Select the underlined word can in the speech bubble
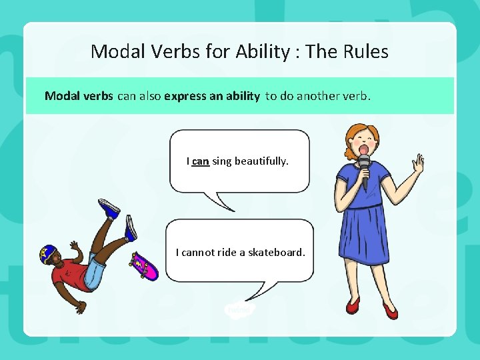(x=200, y=161)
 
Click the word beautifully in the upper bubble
(x=261, y=161)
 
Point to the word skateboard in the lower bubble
(x=277, y=252)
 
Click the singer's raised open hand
(x=418, y=162)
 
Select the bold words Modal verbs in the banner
(x=79, y=96)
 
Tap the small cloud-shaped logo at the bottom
(x=238, y=309)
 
